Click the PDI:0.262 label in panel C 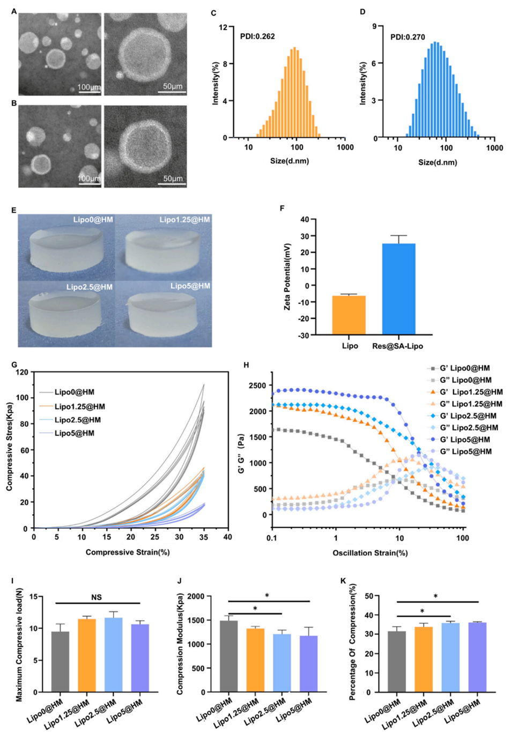pos(257,36)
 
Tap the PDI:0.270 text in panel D pos(407,37)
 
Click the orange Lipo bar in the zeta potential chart pos(348,315)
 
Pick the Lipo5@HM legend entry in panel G pos(74,433)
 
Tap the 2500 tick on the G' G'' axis pos(257,386)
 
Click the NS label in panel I pos(97,597)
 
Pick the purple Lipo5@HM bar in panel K pos(478,657)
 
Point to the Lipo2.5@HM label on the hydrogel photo pos(90,287)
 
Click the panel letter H pos(246,365)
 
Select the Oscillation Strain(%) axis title pos(370,553)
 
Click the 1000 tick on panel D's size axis pos(494,148)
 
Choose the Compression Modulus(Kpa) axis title pos(180,644)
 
